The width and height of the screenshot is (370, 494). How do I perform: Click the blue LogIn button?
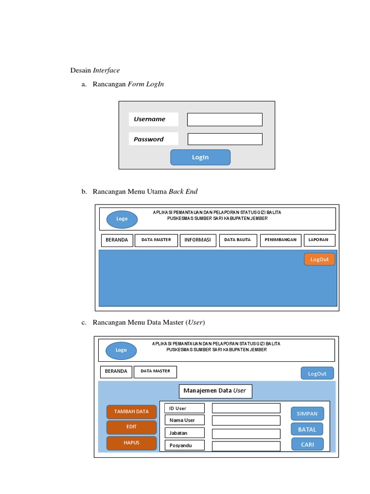(x=200, y=157)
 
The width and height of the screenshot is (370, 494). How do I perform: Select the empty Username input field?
(x=225, y=120)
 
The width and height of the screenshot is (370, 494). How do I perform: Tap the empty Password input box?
(x=225, y=139)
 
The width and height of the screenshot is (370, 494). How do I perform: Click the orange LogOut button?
(x=319, y=259)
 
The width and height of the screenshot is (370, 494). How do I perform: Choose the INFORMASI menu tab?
(x=198, y=240)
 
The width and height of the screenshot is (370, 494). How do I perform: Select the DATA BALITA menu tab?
(x=238, y=240)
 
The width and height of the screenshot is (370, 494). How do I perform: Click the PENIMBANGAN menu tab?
(x=281, y=240)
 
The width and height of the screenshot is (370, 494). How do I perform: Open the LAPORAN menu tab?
(x=319, y=240)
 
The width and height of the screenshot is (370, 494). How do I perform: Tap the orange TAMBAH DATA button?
(x=132, y=412)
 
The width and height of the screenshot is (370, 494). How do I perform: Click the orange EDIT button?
(x=132, y=427)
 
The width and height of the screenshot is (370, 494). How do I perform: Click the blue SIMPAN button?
(x=307, y=413)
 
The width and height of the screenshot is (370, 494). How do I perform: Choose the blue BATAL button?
(x=307, y=429)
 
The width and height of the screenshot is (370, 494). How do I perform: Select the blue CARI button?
(x=307, y=444)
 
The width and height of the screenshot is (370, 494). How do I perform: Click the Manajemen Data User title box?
(x=215, y=391)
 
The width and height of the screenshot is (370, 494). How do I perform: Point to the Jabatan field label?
(x=184, y=433)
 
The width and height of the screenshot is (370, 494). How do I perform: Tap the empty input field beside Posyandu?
(x=246, y=446)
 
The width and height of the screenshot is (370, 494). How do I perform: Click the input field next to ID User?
(x=246, y=408)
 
